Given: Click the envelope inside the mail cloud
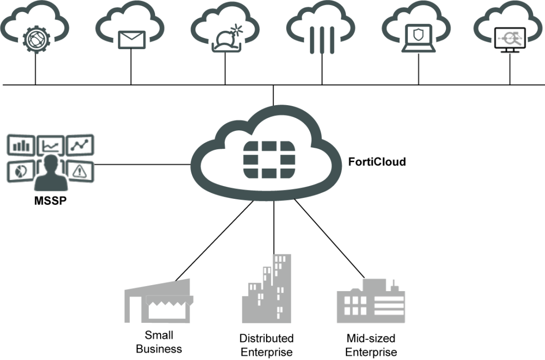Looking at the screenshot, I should click(131, 40).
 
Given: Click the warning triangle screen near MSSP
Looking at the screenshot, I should click(79, 172).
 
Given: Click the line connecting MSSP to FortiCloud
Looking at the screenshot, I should click(144, 164).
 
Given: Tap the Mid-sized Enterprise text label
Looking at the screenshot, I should click(371, 345).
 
